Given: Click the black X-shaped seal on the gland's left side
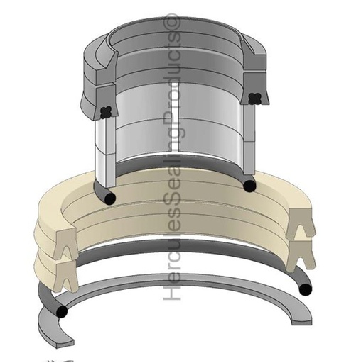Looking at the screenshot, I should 106,111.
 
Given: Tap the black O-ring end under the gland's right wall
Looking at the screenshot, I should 249,186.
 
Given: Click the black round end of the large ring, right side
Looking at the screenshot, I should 305,289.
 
